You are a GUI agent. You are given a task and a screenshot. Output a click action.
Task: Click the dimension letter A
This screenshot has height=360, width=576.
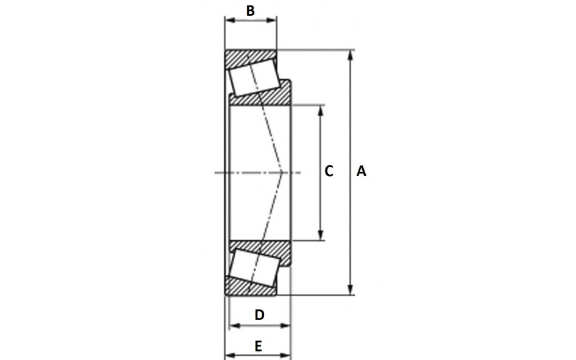tap(361, 171)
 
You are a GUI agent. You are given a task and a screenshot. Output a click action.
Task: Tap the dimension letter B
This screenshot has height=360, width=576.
tap(250, 10)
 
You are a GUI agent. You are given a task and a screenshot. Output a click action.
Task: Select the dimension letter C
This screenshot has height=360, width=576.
tap(329, 171)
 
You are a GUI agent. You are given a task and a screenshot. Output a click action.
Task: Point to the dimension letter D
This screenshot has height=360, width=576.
tap(259, 315)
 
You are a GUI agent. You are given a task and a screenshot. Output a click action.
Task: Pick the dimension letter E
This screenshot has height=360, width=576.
tap(258, 346)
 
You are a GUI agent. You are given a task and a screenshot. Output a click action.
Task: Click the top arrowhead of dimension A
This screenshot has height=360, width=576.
tap(351, 55)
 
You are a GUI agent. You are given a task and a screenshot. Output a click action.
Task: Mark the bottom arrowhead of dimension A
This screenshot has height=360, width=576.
tap(351, 290)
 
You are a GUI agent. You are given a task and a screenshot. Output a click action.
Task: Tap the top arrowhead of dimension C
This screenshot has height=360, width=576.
tap(320, 110)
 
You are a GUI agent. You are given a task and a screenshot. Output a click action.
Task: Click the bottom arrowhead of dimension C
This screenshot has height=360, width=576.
tap(320, 236)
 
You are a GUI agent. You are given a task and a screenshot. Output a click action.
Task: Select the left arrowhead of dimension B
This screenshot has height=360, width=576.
tap(230, 20)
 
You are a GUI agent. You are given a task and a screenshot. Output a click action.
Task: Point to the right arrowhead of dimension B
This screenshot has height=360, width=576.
tap(272, 20)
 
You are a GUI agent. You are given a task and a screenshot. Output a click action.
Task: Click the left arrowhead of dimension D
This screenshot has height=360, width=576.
tap(234, 326)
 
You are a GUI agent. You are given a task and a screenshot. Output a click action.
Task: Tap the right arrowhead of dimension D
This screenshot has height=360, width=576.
tap(286, 326)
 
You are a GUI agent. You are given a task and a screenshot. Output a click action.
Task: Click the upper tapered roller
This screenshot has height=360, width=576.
tap(254, 79)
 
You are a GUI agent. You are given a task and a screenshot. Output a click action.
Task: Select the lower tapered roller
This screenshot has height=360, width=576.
tap(254, 267)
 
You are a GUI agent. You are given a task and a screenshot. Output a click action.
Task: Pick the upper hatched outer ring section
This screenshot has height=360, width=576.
tap(251, 58)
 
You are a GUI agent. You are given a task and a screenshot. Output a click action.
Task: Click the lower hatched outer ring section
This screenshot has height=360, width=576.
tap(251, 287)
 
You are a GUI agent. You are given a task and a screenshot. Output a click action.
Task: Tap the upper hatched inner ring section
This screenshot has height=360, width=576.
tap(262, 94)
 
